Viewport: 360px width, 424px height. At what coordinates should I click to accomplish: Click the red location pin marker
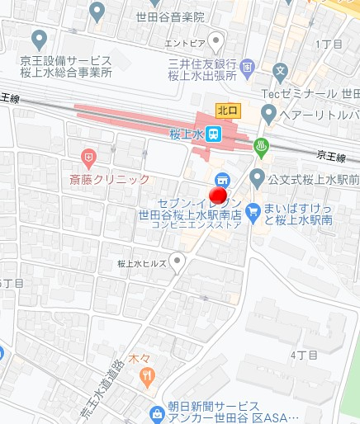pos(219,197)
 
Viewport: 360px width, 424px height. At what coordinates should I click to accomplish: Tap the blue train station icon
pos(214,134)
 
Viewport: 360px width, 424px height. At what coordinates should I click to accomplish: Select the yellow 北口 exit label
pos(227,109)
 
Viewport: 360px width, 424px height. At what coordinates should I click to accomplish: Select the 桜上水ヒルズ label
pos(142,264)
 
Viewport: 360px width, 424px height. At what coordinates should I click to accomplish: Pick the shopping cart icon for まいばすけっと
pos(253,210)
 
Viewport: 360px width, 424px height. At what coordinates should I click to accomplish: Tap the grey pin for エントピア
pos(216,40)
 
